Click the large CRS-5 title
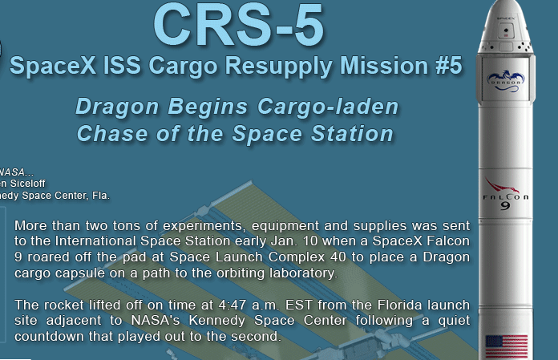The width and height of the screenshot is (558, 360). (239, 24)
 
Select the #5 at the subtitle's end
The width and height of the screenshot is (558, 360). (449, 65)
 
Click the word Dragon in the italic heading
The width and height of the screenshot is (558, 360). (117, 107)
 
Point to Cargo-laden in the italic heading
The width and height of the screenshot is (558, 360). (328, 107)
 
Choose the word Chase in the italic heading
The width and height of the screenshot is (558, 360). (112, 134)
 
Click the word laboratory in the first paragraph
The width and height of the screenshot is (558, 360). (303, 273)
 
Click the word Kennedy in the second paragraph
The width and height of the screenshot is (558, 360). (216, 321)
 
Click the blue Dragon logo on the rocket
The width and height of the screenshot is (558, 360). (505, 81)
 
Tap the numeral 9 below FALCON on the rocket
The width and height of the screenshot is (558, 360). (505, 206)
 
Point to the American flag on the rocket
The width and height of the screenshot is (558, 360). (507, 346)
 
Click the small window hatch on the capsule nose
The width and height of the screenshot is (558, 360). (506, 30)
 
